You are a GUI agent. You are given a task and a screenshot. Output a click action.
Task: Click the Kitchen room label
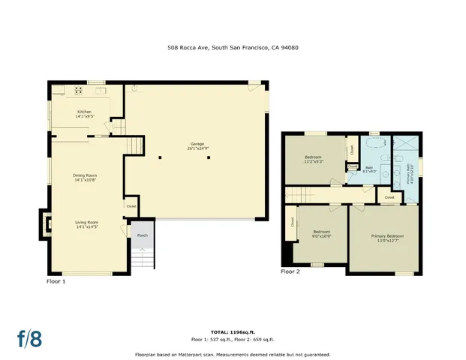point(83,114)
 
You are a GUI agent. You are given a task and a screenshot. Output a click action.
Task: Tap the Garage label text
point(197,145)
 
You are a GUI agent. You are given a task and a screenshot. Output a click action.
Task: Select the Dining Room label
point(85,178)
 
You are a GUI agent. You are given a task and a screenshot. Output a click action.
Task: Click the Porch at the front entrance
point(142,235)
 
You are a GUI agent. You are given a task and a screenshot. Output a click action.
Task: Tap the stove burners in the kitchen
point(77,91)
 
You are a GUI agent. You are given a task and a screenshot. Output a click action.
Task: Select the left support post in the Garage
point(160,157)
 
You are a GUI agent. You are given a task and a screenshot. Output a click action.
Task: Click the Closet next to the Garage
point(131,205)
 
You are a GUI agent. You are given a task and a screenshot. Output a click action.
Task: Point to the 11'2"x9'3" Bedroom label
point(314,160)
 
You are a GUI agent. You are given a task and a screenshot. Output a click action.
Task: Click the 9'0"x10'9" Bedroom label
point(322,234)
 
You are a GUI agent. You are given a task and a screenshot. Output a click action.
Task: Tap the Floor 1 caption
point(56,281)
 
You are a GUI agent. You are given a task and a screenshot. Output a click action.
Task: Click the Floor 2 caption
point(290,271)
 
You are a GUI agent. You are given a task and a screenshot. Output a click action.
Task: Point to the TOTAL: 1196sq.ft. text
point(233,331)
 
